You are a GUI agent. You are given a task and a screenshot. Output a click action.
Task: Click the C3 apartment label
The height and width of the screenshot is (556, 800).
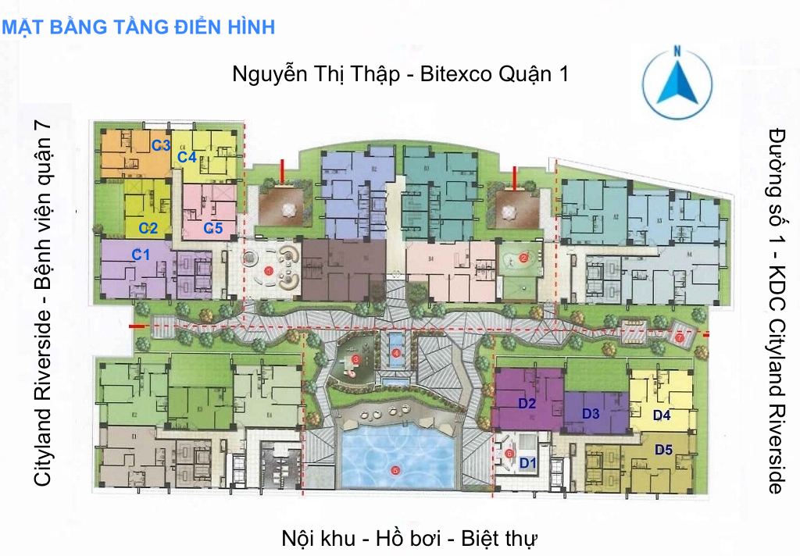click(x=161, y=144)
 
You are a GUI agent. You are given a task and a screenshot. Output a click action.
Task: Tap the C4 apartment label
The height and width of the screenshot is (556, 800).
click(x=186, y=157)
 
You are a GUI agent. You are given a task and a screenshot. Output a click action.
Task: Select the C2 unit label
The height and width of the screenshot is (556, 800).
click(x=148, y=228)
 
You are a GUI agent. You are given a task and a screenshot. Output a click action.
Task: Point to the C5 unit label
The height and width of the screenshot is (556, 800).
click(x=213, y=228)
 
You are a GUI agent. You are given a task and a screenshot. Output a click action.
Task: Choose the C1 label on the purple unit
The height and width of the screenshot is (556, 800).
click(x=141, y=254)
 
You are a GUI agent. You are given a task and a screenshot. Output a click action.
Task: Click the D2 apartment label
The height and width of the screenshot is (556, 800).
click(x=527, y=404)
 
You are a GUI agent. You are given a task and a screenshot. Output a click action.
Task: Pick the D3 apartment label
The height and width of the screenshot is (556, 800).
click(x=591, y=413)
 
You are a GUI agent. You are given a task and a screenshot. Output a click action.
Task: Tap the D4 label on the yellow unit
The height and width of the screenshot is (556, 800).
click(x=662, y=415)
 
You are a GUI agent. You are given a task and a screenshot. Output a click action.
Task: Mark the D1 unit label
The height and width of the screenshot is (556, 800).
click(x=529, y=462)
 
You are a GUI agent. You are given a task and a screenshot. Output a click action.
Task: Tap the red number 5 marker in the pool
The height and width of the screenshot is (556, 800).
click(x=395, y=470)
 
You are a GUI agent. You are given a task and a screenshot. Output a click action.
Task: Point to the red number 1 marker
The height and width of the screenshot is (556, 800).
click(x=269, y=271)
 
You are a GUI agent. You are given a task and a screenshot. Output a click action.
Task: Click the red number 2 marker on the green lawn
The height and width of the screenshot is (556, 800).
click(x=524, y=256)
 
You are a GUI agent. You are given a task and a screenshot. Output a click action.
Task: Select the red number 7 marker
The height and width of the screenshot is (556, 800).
click(x=680, y=339)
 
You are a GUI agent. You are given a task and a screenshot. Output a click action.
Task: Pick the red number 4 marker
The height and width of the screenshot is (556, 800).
click(x=396, y=353)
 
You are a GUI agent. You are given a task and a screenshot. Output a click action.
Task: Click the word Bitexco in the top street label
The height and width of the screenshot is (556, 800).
click(x=452, y=75)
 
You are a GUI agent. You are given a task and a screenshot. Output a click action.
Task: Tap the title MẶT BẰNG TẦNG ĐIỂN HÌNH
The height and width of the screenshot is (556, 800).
click(x=139, y=27)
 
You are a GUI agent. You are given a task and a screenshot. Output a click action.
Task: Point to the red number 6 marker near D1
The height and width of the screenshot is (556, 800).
click(x=509, y=453)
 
